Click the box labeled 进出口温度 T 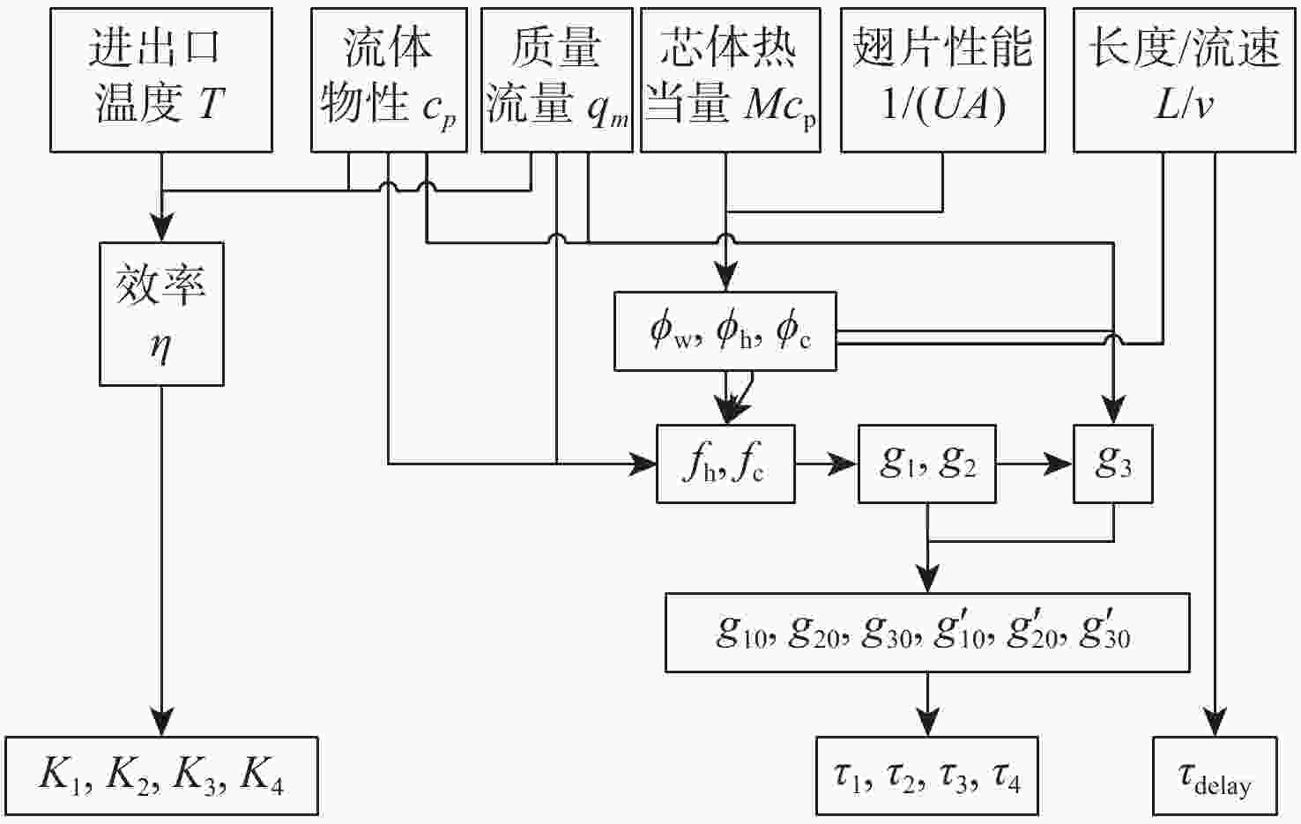click(160, 80)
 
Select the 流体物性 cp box click(389, 80)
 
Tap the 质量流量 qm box click(556, 80)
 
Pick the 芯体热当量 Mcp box click(730, 80)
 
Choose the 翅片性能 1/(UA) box click(942, 80)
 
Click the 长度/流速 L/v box click(1184, 80)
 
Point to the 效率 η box click(161, 314)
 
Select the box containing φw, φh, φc click(725, 330)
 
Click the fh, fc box click(725, 464)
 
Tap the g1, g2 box click(927, 464)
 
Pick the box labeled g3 click(1112, 464)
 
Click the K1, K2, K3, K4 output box click(161, 776)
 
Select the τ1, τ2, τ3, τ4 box click(926, 776)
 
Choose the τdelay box click(1215, 776)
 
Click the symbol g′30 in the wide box click(1105, 631)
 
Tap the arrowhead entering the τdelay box click(1215, 724)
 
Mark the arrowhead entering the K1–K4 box click(161, 724)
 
